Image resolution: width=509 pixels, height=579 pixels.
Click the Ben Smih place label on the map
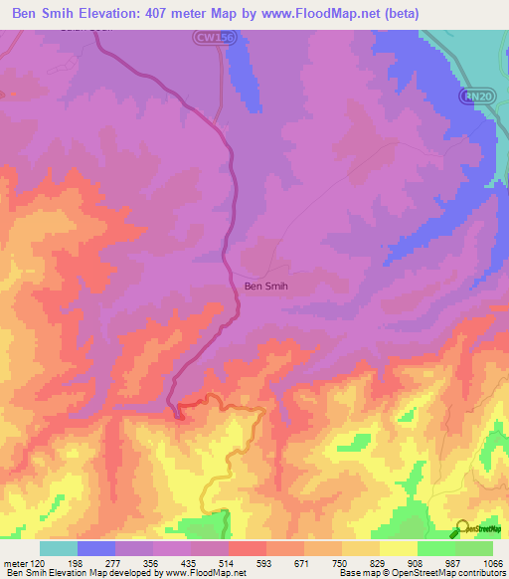click(266, 287)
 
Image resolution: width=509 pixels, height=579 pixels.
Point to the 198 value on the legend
click(78, 562)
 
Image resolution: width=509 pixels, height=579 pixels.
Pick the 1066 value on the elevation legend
click(494, 562)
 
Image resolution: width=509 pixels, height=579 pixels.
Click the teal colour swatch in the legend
click(59, 548)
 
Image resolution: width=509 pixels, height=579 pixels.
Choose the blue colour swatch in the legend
click(96, 548)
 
